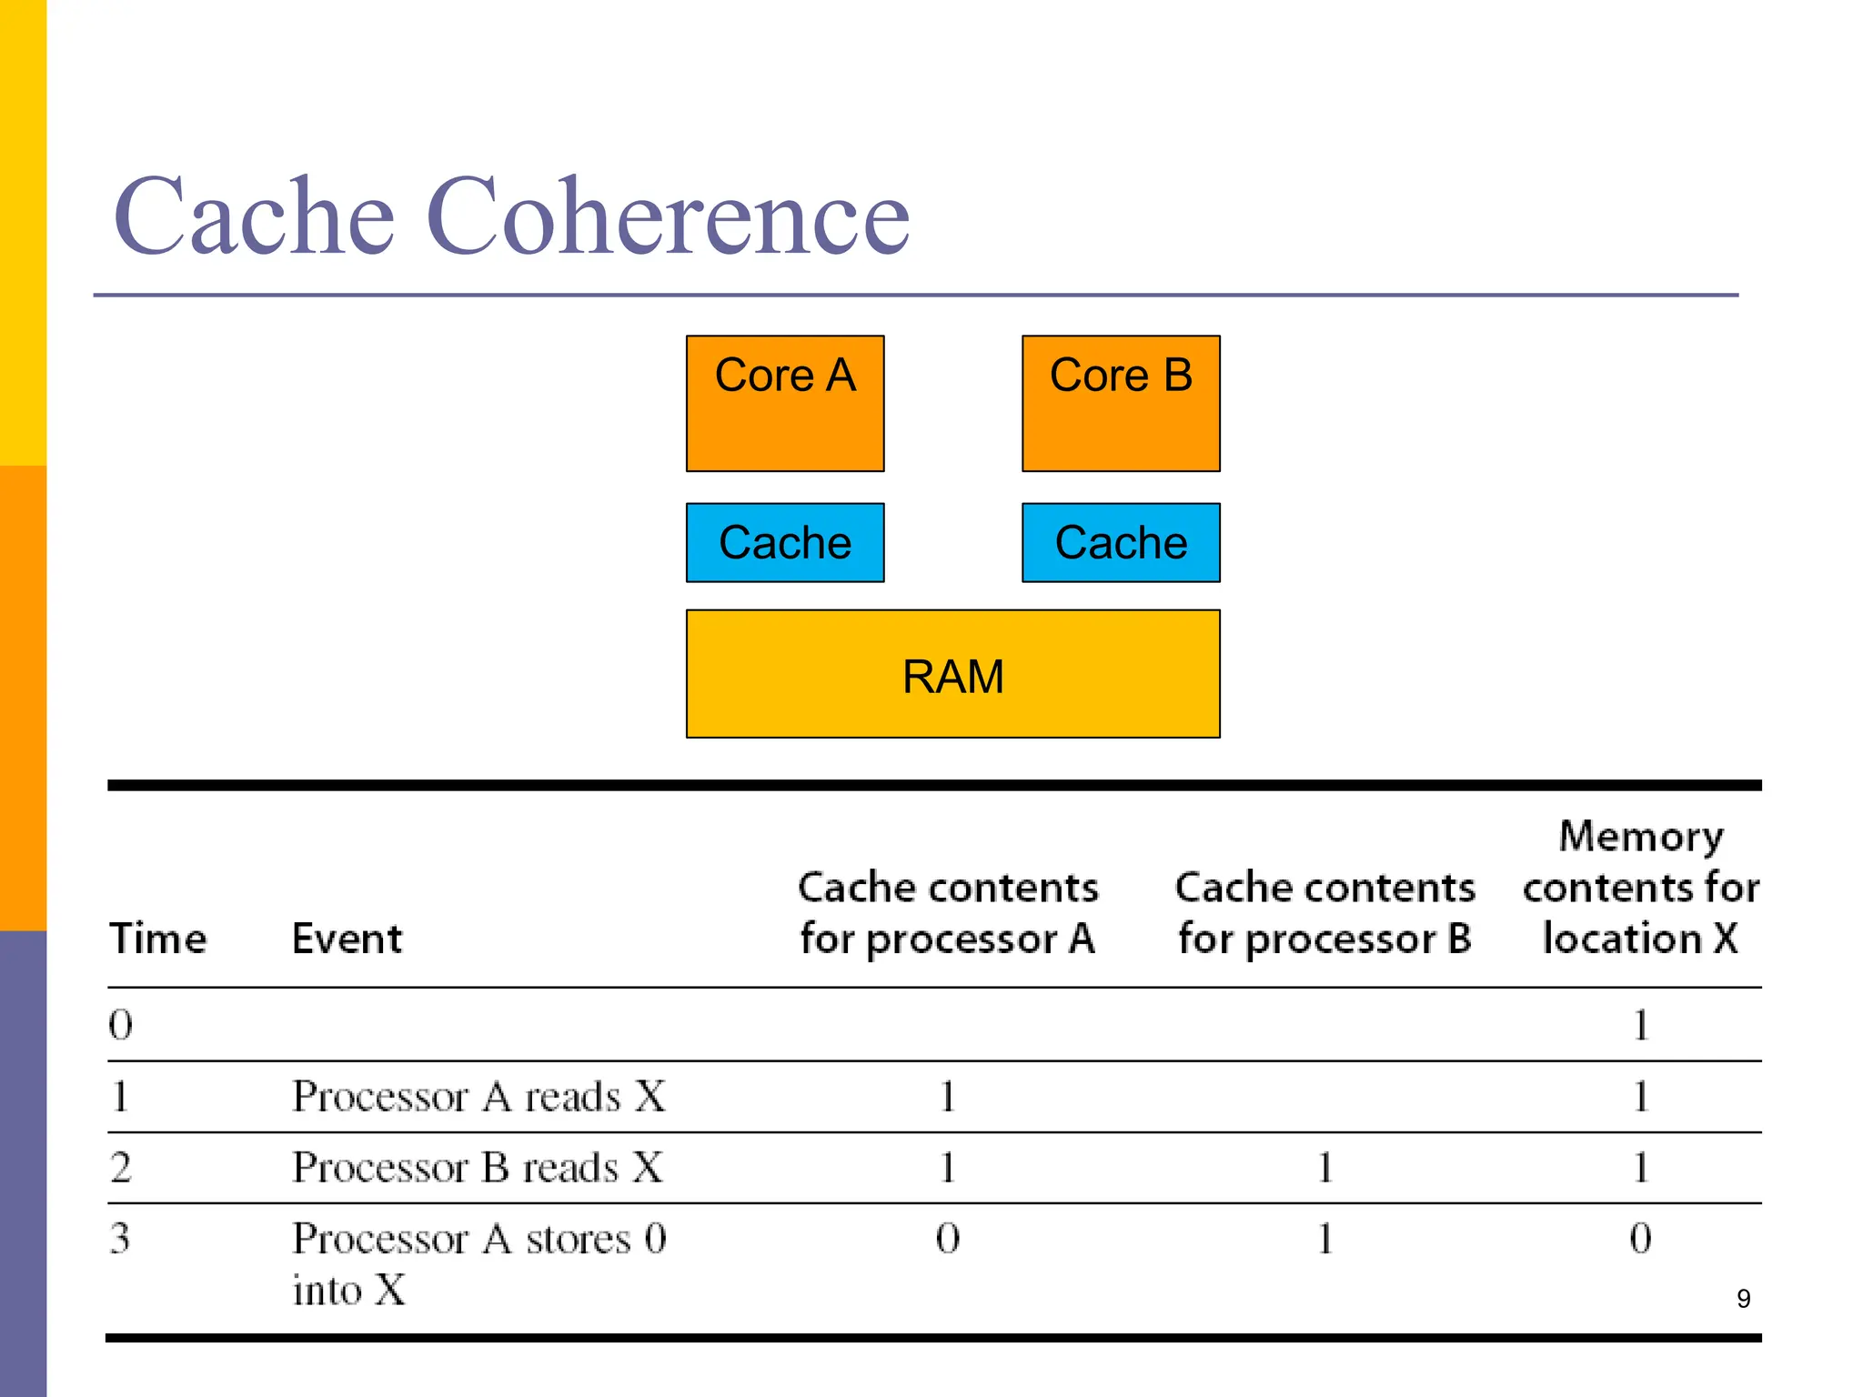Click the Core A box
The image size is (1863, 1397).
(x=784, y=403)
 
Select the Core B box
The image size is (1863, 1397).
(x=1120, y=403)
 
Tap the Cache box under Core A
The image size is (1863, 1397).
(x=784, y=542)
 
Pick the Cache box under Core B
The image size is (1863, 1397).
(x=1120, y=542)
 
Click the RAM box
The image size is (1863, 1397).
(x=952, y=674)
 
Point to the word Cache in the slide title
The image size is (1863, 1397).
(x=254, y=216)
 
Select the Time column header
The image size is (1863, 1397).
(x=157, y=938)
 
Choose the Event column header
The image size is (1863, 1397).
(x=347, y=938)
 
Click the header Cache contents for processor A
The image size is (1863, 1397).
(x=948, y=912)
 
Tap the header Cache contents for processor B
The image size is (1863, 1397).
(x=1324, y=912)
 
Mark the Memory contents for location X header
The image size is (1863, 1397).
(x=1640, y=887)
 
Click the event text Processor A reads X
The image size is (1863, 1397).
(x=478, y=1096)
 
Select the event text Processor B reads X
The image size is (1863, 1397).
(x=478, y=1167)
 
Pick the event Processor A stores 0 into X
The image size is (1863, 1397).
(x=478, y=1262)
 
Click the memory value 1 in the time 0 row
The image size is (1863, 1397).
(x=1640, y=1025)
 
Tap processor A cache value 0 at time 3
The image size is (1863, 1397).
(x=947, y=1238)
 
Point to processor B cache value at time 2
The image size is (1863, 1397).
(x=1324, y=1167)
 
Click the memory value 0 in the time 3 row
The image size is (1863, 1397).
(x=1640, y=1238)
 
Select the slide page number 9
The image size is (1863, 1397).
(x=1743, y=1298)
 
